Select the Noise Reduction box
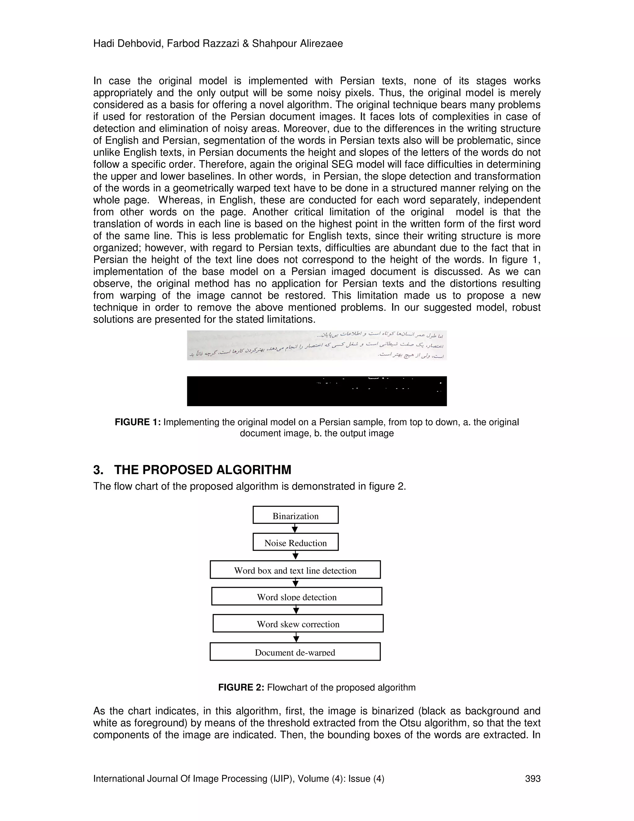coord(295,542)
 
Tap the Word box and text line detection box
coord(295,569)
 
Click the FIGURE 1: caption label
coord(138,422)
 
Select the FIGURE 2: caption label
coord(241,687)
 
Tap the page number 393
coord(532,779)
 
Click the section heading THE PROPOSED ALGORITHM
coord(203,470)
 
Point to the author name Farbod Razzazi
coord(203,44)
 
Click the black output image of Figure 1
coord(317,391)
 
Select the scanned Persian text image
coord(317,345)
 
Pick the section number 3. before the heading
coord(98,470)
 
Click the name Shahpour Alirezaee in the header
coord(297,44)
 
